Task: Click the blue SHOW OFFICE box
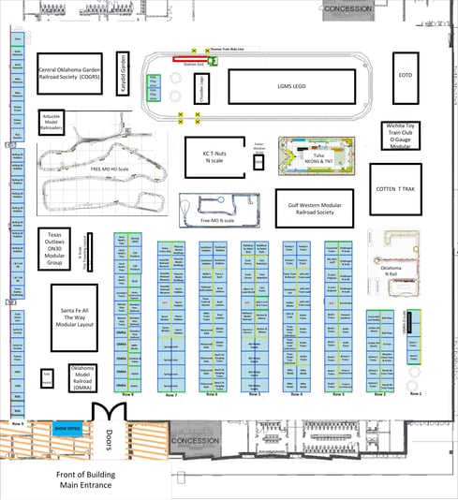[67, 430]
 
